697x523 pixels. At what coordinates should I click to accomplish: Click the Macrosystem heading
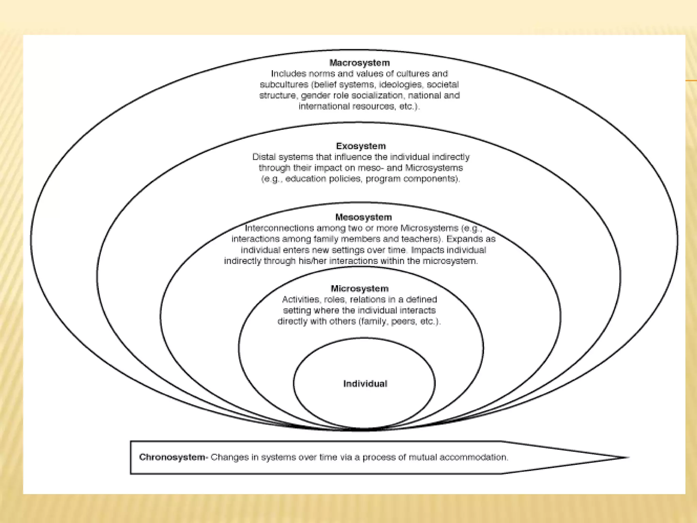point(359,63)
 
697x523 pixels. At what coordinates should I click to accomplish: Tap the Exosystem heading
point(361,146)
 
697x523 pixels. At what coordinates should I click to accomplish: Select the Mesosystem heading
point(363,217)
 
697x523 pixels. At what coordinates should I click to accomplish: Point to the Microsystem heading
point(359,289)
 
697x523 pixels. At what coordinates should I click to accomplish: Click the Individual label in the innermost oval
point(365,384)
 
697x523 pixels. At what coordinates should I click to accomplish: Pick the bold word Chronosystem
point(172,457)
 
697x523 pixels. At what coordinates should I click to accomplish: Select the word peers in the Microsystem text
point(404,321)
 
